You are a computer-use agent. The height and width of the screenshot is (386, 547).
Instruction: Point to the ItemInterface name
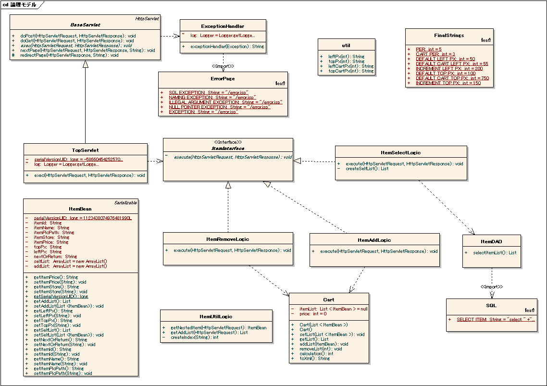point(228,149)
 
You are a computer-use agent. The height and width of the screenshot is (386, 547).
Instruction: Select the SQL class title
point(491,305)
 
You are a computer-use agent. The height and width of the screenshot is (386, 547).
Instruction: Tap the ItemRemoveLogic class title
point(228,239)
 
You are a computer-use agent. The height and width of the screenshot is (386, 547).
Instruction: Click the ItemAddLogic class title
point(374,240)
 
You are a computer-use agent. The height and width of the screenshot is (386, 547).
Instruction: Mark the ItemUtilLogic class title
point(215,316)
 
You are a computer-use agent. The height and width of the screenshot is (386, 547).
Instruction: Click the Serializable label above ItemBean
point(125,202)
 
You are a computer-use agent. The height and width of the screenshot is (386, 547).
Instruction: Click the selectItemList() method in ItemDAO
point(495,252)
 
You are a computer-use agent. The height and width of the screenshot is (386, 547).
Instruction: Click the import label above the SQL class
point(491,287)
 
